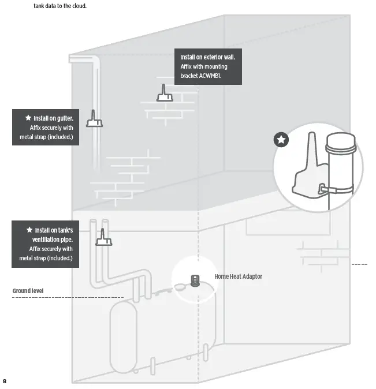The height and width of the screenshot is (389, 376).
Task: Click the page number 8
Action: (5, 381)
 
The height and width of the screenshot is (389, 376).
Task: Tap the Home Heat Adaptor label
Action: (238, 276)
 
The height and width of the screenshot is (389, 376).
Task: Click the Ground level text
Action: (28, 290)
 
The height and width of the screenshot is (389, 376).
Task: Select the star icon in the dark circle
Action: (281, 140)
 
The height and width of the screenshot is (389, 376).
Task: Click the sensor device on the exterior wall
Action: (165, 95)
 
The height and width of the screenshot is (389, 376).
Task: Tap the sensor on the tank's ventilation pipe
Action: (104, 238)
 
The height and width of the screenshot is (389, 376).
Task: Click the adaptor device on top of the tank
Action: (195, 282)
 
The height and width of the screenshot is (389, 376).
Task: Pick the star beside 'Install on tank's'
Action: (29, 230)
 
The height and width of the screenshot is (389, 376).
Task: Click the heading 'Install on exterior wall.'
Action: (207, 58)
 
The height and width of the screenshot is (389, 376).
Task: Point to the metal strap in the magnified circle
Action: (335, 189)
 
